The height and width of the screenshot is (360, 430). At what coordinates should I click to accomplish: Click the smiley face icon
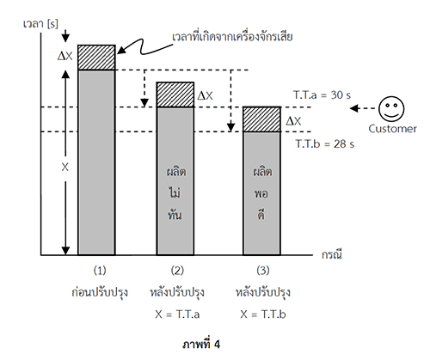pyautogui.click(x=391, y=109)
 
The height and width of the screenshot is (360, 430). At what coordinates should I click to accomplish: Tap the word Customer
pyautogui.click(x=392, y=129)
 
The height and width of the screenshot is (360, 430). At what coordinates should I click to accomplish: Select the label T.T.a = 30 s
pyautogui.click(x=322, y=95)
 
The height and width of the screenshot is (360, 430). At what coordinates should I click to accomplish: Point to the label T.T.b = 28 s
pyautogui.click(x=325, y=143)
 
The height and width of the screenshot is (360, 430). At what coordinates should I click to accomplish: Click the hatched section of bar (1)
pyautogui.click(x=96, y=58)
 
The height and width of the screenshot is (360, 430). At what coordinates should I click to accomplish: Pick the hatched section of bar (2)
pyautogui.click(x=175, y=95)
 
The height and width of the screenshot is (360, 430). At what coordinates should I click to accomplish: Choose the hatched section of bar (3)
pyautogui.click(x=261, y=119)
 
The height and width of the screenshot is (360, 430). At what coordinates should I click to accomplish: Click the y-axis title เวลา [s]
pyautogui.click(x=40, y=24)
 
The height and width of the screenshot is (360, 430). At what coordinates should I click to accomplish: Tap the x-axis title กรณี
pyautogui.click(x=332, y=254)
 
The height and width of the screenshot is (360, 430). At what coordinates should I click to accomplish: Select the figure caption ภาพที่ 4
pyautogui.click(x=201, y=344)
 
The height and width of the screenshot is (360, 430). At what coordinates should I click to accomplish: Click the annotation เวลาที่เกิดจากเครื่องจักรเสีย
pyautogui.click(x=232, y=37)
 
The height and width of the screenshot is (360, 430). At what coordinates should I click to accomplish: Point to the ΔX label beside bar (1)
pyautogui.click(x=65, y=56)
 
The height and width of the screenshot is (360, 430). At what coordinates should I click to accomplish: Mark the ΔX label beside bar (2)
pyautogui.click(x=206, y=96)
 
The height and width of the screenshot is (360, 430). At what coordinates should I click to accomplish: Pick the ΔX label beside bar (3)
pyautogui.click(x=293, y=121)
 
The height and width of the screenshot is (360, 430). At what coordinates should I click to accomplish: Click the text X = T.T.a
pyautogui.click(x=177, y=314)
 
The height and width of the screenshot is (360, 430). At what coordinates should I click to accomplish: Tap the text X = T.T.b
pyautogui.click(x=263, y=314)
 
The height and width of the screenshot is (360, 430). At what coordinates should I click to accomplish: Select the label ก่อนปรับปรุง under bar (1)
pyautogui.click(x=100, y=292)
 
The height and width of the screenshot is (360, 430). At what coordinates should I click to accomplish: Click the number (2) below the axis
pyautogui.click(x=177, y=271)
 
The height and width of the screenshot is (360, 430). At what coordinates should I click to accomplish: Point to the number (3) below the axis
pyautogui.click(x=263, y=271)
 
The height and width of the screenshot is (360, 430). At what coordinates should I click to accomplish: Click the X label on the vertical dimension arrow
pyautogui.click(x=65, y=167)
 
